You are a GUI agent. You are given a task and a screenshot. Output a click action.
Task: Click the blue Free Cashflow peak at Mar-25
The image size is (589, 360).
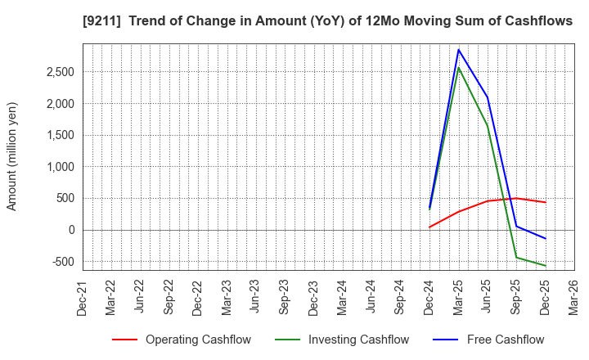click(x=459, y=49)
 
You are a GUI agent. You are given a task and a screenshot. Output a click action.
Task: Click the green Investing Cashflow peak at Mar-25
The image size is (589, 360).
click(x=459, y=67)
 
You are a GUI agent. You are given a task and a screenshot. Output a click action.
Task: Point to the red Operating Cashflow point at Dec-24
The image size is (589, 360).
click(x=429, y=227)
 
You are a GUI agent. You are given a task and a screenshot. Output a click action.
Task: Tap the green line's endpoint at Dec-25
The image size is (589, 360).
click(x=546, y=266)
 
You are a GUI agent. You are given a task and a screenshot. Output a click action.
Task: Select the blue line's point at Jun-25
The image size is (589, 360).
click(x=488, y=97)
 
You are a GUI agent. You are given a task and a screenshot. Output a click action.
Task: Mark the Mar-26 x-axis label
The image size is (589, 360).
click(x=574, y=299)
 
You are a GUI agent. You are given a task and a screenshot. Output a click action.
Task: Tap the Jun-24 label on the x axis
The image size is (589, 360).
click(x=371, y=299)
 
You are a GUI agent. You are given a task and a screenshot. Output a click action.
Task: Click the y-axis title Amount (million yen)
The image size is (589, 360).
click(x=12, y=156)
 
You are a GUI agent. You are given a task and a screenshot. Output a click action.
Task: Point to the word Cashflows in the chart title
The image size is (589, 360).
click(x=540, y=21)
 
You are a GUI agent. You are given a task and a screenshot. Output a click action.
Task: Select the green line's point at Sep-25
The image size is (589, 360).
click(x=516, y=257)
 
